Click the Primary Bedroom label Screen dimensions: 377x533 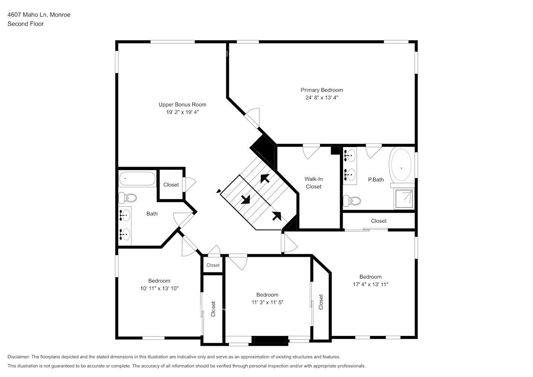322,90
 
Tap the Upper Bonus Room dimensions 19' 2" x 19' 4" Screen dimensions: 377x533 182,112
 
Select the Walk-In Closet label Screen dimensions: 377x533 314,183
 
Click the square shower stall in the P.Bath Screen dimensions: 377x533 404,199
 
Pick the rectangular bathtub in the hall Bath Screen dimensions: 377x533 137,179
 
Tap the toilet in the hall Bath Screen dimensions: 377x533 128,197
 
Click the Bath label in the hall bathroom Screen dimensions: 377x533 152,214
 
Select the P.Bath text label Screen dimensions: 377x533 376,180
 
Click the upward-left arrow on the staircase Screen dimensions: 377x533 265,178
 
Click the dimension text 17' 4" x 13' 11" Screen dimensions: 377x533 371,285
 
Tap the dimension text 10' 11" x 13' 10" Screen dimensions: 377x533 159,288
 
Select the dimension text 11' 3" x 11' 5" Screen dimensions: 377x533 267,302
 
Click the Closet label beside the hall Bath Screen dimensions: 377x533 171,185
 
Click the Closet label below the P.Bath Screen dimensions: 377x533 378,221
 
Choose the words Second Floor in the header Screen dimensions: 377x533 26,24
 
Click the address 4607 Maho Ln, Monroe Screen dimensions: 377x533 39,15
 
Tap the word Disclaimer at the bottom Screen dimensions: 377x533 18,357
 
